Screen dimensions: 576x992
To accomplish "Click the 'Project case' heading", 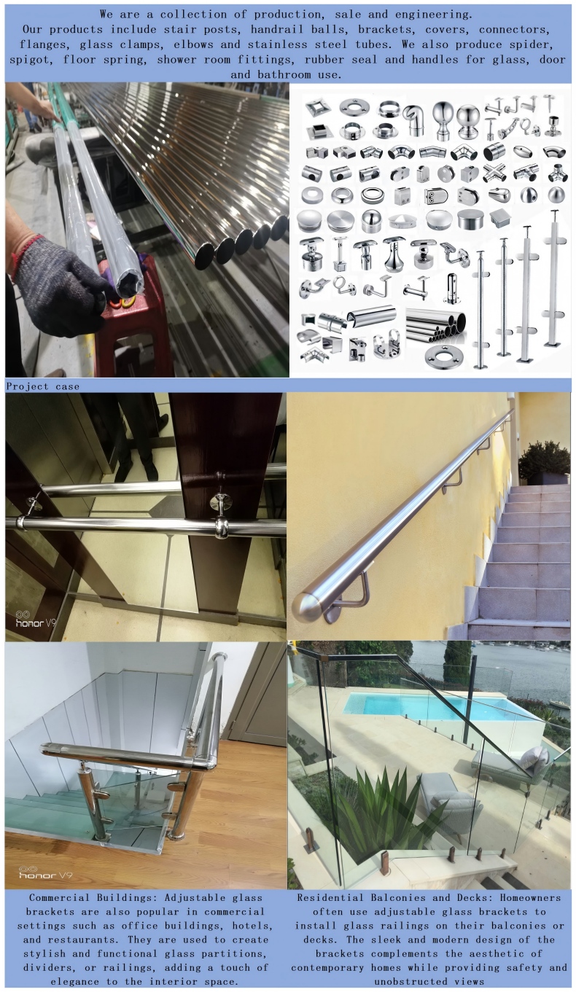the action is coord(42,386).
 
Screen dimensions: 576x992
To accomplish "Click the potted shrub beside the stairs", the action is coord(544,463).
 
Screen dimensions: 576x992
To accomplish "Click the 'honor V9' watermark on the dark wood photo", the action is coord(36,621).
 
